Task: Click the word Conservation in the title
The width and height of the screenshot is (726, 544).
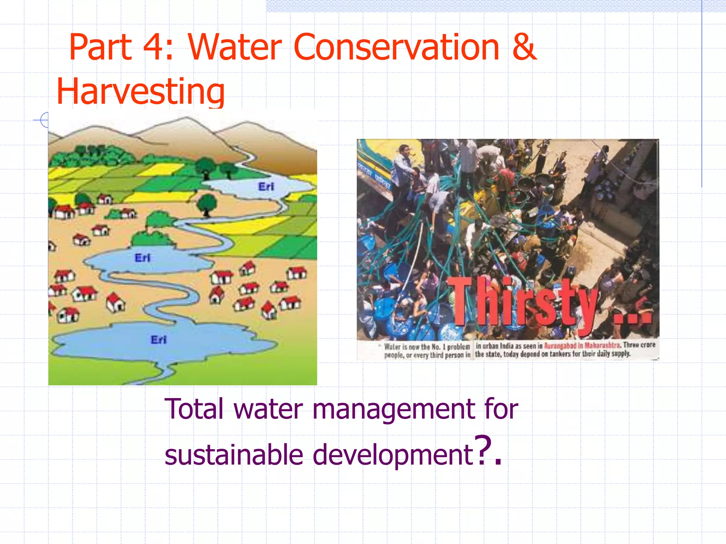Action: pos(396,47)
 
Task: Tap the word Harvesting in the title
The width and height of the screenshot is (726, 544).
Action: pos(140,92)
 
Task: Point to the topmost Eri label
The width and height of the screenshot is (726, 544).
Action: pos(266,187)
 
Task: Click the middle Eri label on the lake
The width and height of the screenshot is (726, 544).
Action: pos(143,258)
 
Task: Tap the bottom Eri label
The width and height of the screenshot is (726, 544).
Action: pos(158,340)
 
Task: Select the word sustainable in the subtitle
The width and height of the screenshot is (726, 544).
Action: pos(234,455)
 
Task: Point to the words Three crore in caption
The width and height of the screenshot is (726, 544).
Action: pos(639,345)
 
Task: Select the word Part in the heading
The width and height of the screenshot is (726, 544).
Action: pos(100,47)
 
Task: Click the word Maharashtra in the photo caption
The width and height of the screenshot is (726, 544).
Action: pos(602,345)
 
